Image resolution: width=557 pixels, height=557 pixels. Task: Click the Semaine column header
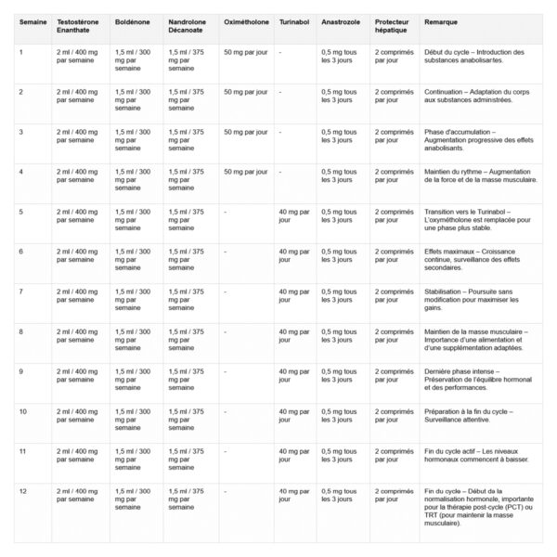tap(32, 19)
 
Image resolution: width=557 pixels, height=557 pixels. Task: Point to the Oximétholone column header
tap(246, 19)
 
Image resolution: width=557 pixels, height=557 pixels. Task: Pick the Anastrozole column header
tap(340, 19)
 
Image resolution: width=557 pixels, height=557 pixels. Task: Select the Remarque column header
tap(442, 19)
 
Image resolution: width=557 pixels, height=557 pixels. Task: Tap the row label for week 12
tap(23, 490)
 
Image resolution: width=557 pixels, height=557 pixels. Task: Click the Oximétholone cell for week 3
tap(245, 132)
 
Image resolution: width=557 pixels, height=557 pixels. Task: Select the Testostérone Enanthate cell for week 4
tap(79, 175)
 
